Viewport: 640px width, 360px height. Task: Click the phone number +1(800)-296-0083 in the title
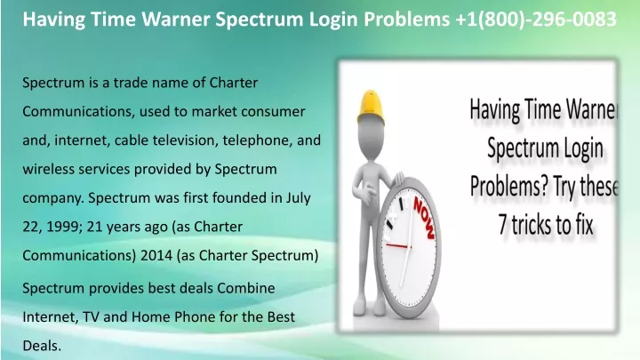point(536,20)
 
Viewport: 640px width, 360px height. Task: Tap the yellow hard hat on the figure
point(371,107)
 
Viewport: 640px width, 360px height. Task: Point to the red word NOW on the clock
point(425,218)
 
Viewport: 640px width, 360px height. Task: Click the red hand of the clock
point(398,246)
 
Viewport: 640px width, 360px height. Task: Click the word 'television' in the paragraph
point(180,140)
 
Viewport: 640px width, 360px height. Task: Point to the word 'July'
point(298,198)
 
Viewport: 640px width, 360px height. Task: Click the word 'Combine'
point(245,288)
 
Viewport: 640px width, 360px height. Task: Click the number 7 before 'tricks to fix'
point(503,225)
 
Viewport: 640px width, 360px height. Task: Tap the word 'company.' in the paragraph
point(53,198)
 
